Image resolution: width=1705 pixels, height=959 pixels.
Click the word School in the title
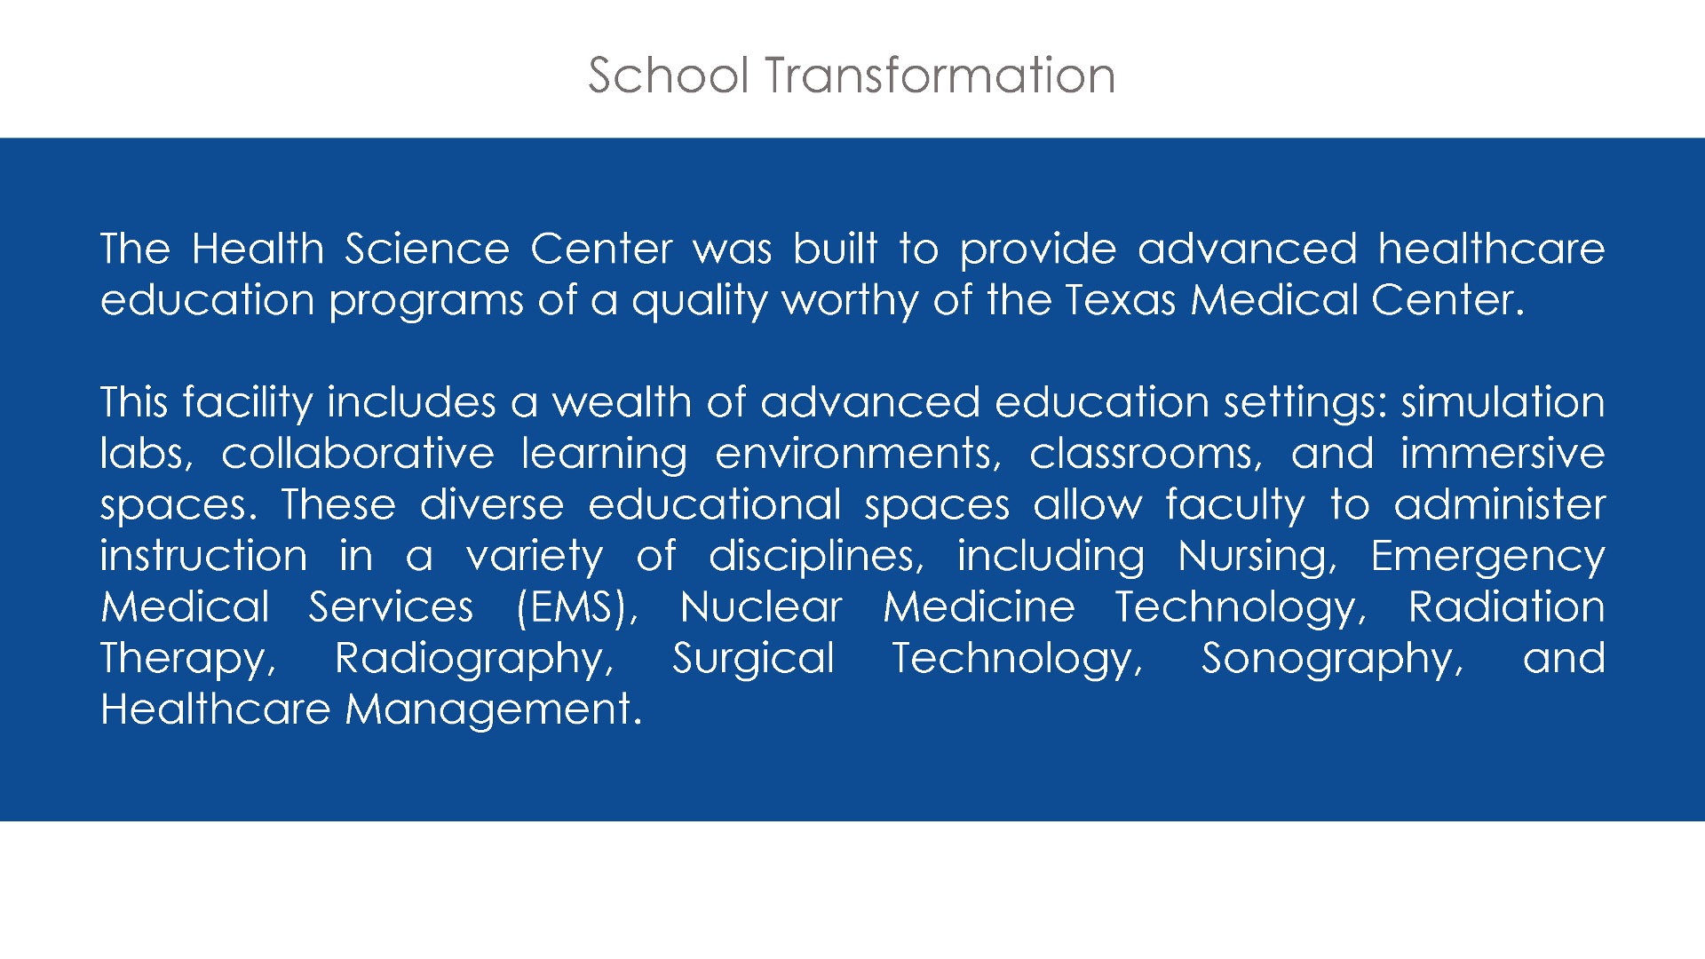click(669, 75)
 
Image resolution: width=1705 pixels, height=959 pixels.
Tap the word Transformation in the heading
click(940, 75)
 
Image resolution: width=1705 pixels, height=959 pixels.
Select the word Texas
click(1121, 300)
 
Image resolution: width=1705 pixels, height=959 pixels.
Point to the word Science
click(427, 249)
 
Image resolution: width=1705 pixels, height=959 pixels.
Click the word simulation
click(1503, 402)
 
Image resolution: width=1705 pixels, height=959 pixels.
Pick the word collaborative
click(357, 454)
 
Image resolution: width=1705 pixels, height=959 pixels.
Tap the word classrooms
click(1146, 454)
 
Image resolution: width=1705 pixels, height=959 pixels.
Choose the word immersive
click(1503, 454)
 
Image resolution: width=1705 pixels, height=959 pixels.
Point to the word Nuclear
click(761, 607)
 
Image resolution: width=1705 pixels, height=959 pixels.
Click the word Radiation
click(1507, 607)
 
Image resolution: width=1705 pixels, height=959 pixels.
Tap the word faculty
click(1235, 506)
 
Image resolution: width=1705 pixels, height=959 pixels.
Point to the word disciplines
click(816, 558)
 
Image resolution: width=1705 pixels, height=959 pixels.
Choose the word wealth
click(622, 402)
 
